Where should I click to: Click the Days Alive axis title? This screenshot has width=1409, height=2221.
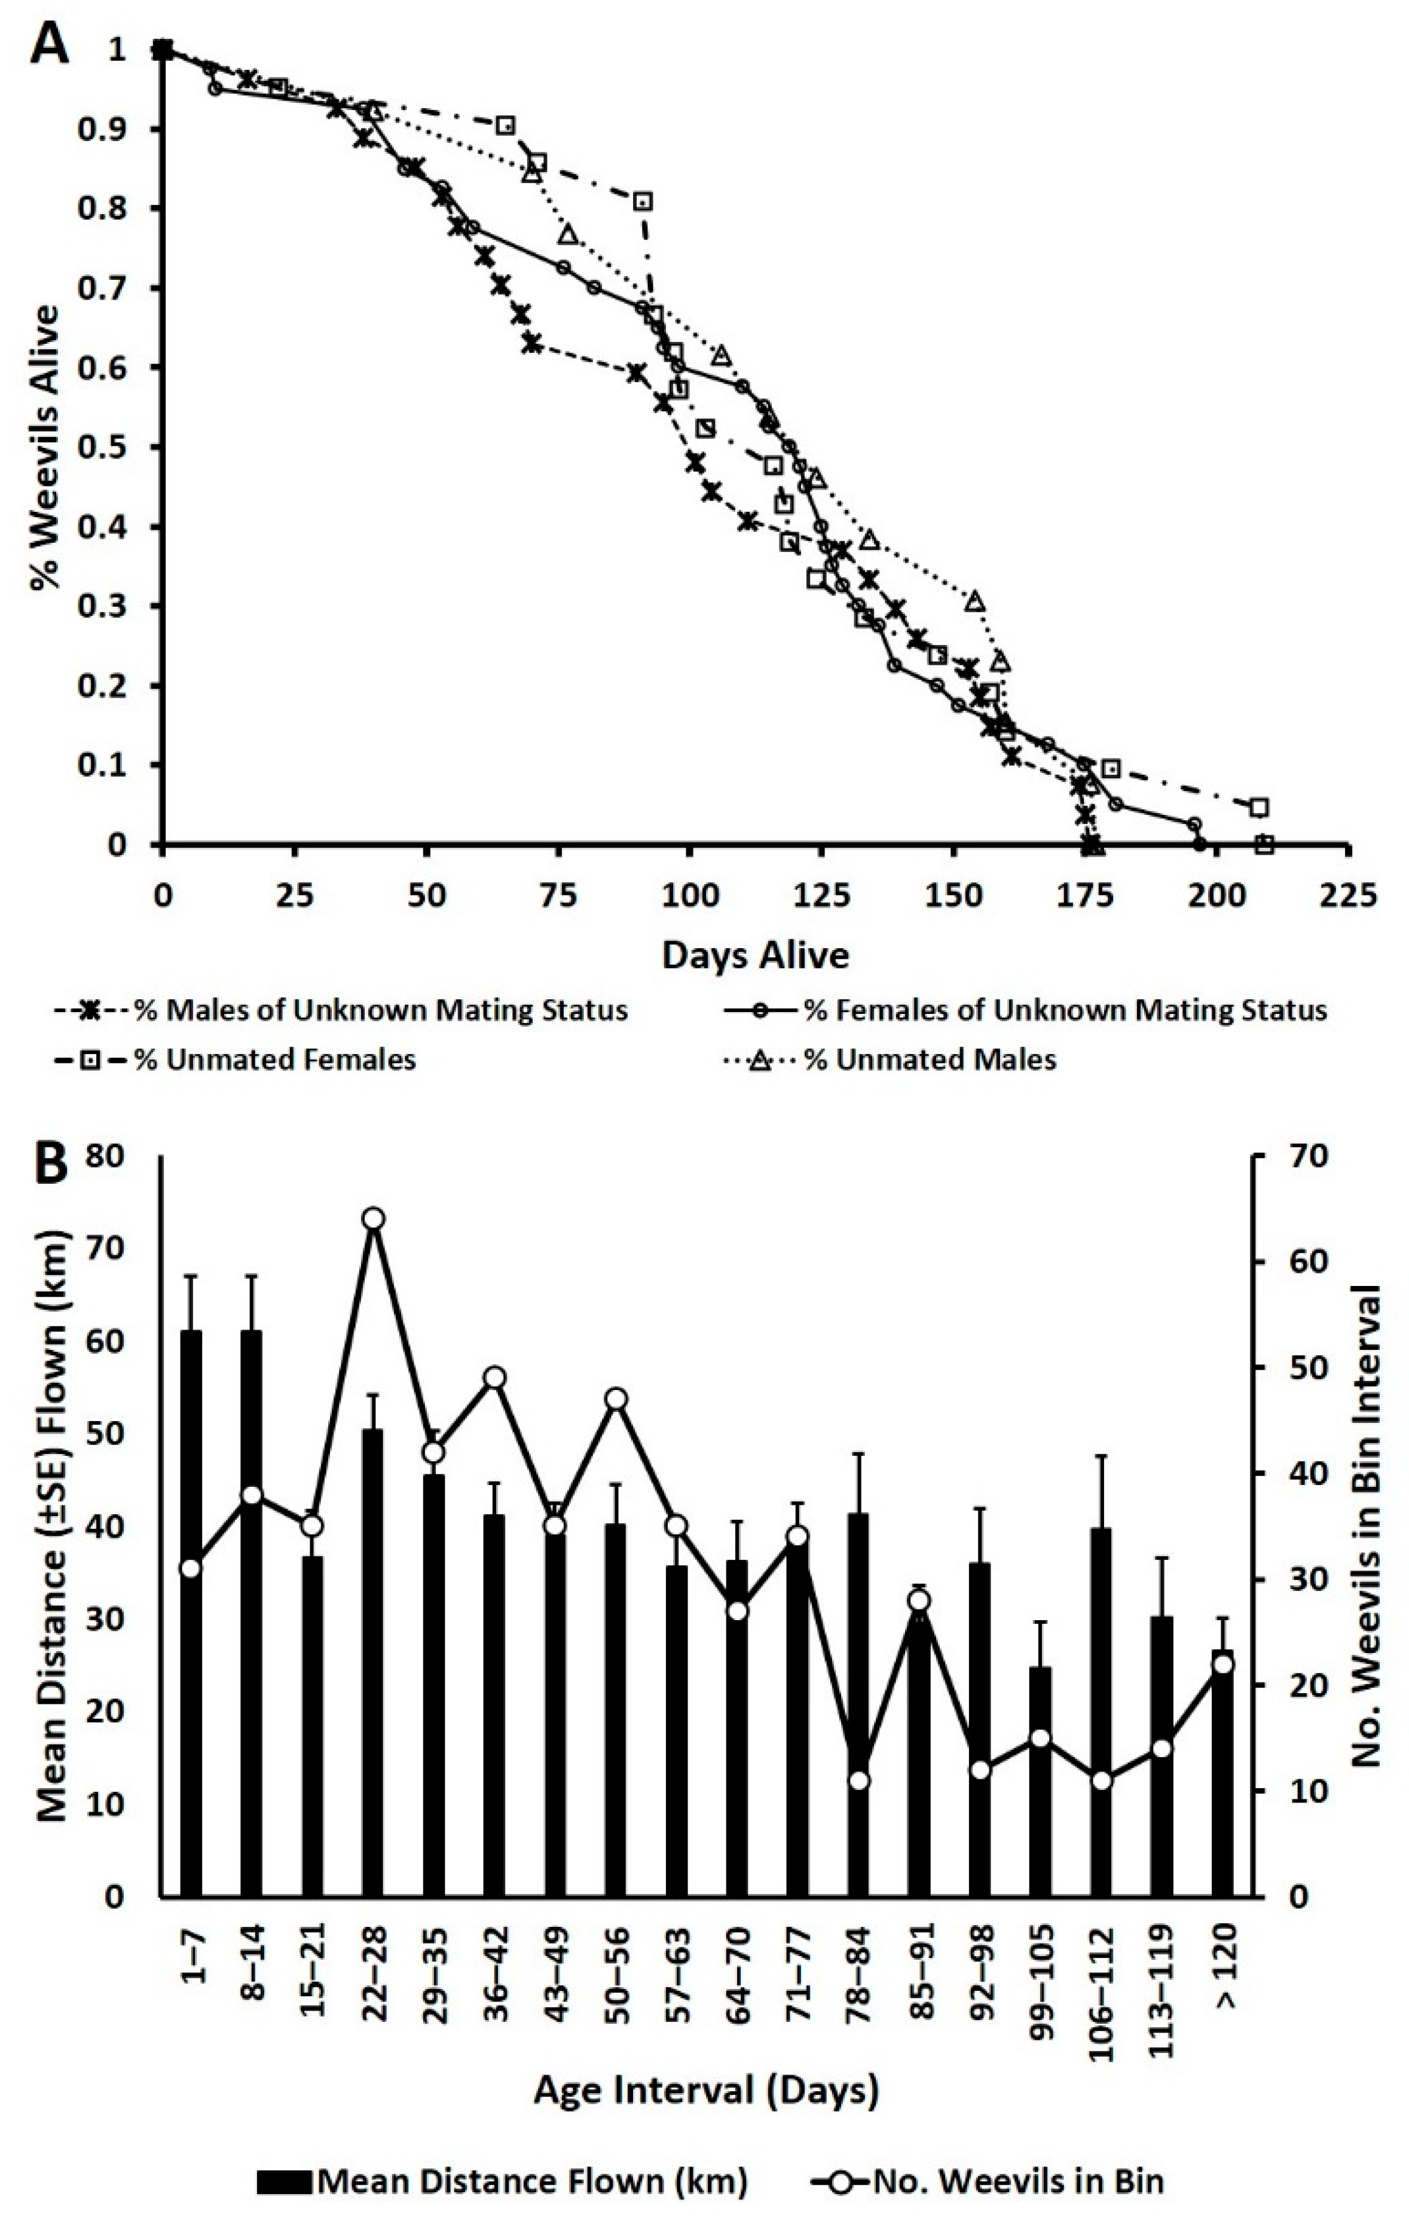click(755, 955)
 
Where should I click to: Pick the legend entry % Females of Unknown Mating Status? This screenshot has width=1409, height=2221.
click(1066, 1010)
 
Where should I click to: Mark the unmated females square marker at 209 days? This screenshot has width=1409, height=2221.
click(1265, 844)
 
